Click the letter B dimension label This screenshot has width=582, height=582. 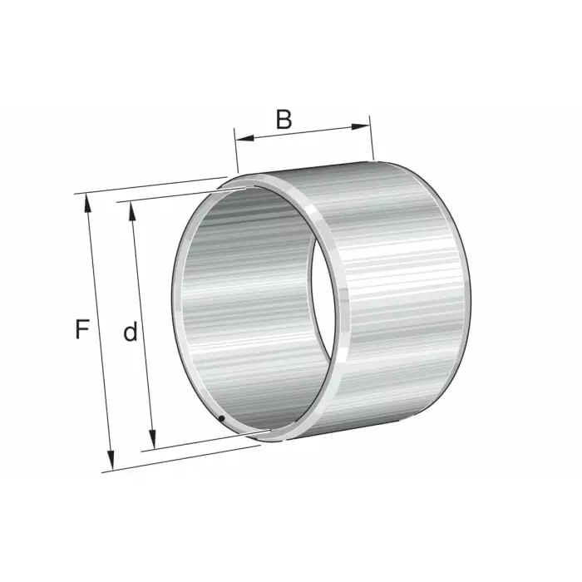(284, 119)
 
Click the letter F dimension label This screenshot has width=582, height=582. (81, 330)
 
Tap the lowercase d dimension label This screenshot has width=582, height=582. (130, 333)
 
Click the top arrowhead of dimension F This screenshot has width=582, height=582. (86, 200)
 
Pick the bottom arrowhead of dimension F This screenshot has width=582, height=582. (110, 464)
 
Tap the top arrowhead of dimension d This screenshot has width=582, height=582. (131, 207)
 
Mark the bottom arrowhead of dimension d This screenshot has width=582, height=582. (152, 442)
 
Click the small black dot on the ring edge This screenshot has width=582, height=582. (222, 417)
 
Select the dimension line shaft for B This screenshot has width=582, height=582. (303, 131)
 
